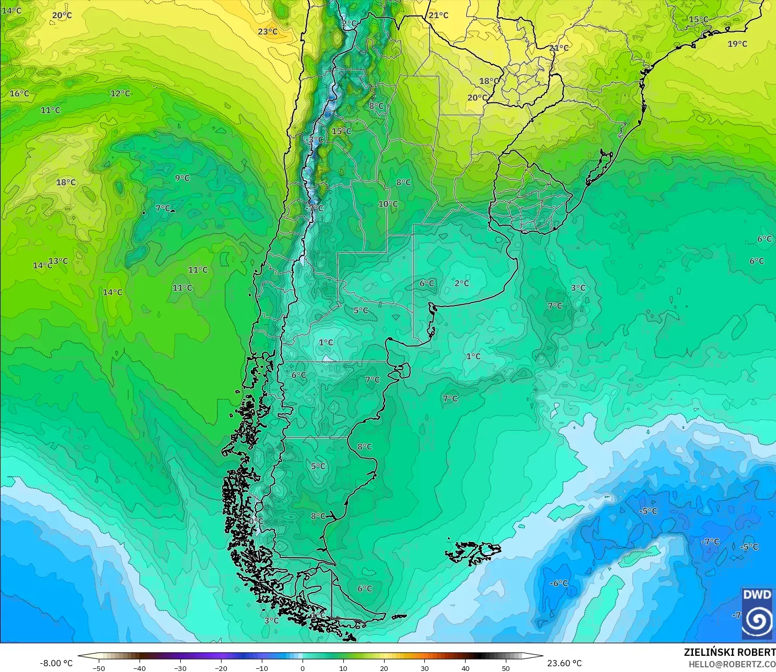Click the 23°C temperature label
pos(268,32)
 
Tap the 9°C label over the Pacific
pos(182,178)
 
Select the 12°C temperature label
pos(120,93)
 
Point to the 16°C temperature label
pos(19,93)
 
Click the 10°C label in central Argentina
pos(388,204)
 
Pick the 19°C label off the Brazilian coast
pos(737,44)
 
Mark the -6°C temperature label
pos(559,583)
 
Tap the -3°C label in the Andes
pos(315,140)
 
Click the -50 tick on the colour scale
pos(98,668)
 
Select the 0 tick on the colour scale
pos(303,668)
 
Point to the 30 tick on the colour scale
pos(424,668)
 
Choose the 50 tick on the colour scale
pos(506,668)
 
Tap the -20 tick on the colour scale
pos(221,668)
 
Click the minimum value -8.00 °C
pos(56,663)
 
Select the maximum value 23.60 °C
pos(564,663)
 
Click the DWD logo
pos(757,614)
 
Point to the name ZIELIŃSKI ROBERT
pos(729,652)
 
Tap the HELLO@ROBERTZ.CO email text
pos(732,664)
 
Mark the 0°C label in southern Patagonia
pos(256,521)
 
